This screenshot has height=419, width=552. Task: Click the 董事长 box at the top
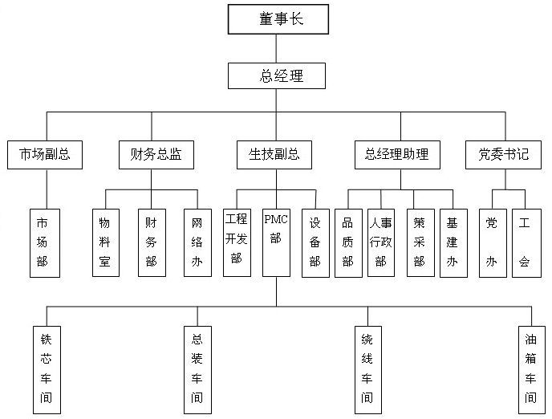click(277, 18)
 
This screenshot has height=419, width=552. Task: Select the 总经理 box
click(277, 76)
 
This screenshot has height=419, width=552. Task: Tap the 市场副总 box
click(46, 154)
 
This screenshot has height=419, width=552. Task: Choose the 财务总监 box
click(150, 154)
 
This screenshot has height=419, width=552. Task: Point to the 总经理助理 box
click(396, 154)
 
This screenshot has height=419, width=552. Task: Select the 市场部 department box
click(46, 243)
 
